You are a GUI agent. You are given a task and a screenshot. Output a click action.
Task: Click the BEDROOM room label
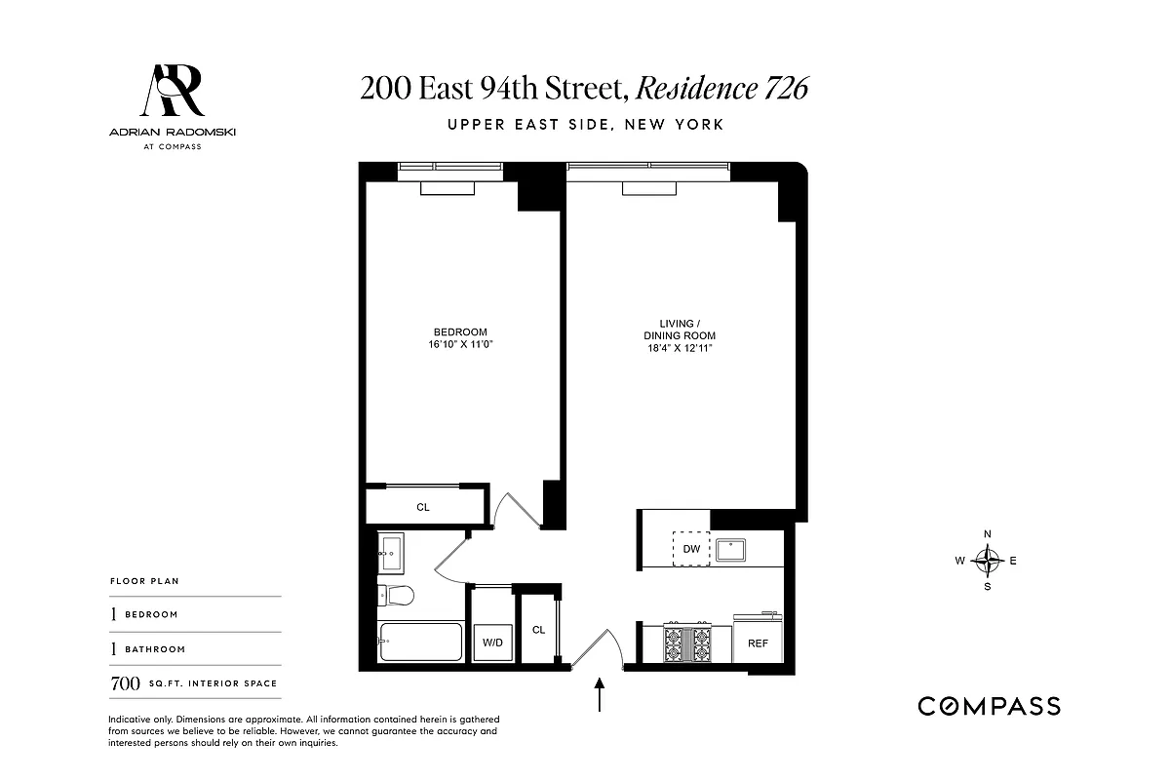pyautogui.click(x=460, y=331)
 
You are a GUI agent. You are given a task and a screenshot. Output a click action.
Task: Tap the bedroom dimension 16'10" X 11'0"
pyautogui.click(x=460, y=344)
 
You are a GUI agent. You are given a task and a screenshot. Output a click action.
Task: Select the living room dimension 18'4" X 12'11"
pyautogui.click(x=680, y=349)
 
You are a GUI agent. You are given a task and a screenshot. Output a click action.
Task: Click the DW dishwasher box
pyautogui.click(x=692, y=549)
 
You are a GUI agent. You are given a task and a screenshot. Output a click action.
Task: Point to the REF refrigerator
pyautogui.click(x=758, y=643)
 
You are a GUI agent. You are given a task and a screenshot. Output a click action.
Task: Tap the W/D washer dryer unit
pyautogui.click(x=490, y=643)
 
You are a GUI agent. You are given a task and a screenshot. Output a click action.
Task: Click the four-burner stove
pyautogui.click(x=686, y=643)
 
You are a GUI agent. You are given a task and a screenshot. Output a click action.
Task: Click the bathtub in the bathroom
pyautogui.click(x=421, y=641)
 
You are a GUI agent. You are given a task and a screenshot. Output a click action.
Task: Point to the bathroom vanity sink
pyautogui.click(x=394, y=553)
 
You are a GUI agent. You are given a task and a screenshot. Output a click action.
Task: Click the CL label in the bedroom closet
pyautogui.click(x=423, y=507)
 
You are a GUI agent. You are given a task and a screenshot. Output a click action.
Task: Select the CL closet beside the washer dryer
pyautogui.click(x=539, y=630)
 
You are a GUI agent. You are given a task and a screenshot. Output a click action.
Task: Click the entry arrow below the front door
pyautogui.click(x=600, y=697)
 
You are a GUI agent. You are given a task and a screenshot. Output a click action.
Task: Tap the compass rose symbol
pyautogui.click(x=989, y=561)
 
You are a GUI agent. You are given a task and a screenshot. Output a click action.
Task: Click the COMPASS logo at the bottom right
pyautogui.click(x=989, y=706)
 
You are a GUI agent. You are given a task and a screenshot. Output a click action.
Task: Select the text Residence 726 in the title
pyautogui.click(x=721, y=89)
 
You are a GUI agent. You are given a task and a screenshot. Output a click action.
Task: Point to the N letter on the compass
pyautogui.click(x=988, y=534)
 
